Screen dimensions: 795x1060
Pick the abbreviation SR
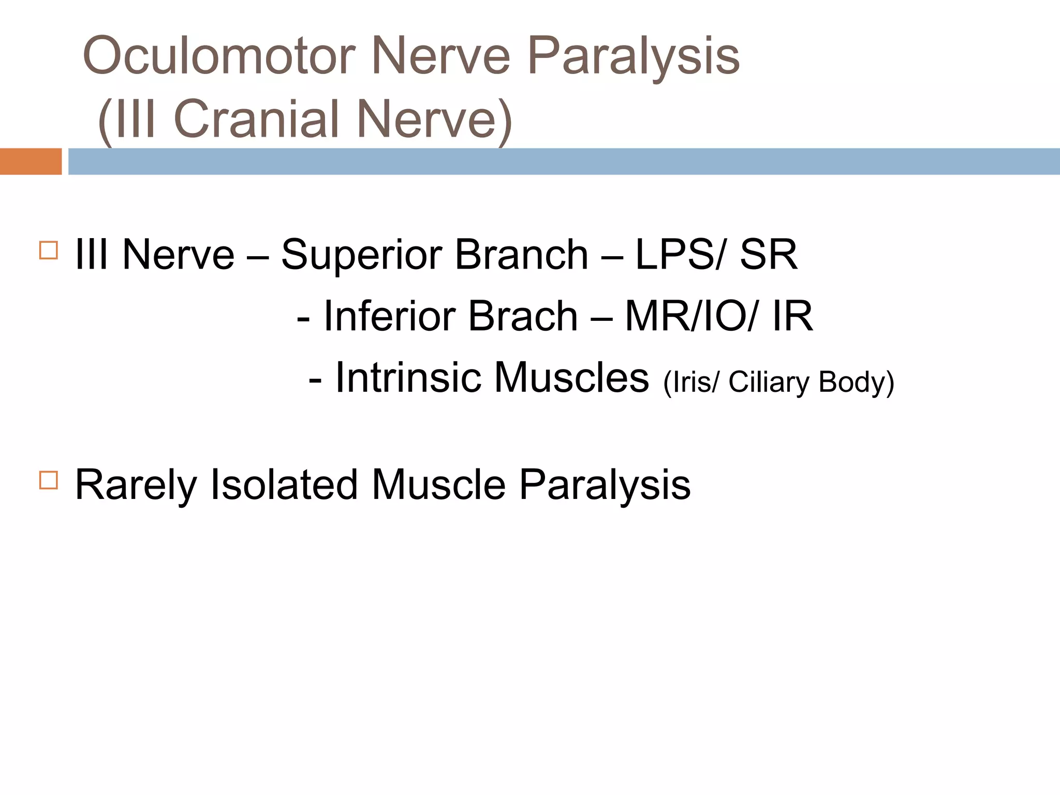[768, 255]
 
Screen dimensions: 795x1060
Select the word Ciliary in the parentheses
[769, 382]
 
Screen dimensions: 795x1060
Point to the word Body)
[856, 382]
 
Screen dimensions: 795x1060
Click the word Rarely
[136, 485]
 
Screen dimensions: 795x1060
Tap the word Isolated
[284, 484]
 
